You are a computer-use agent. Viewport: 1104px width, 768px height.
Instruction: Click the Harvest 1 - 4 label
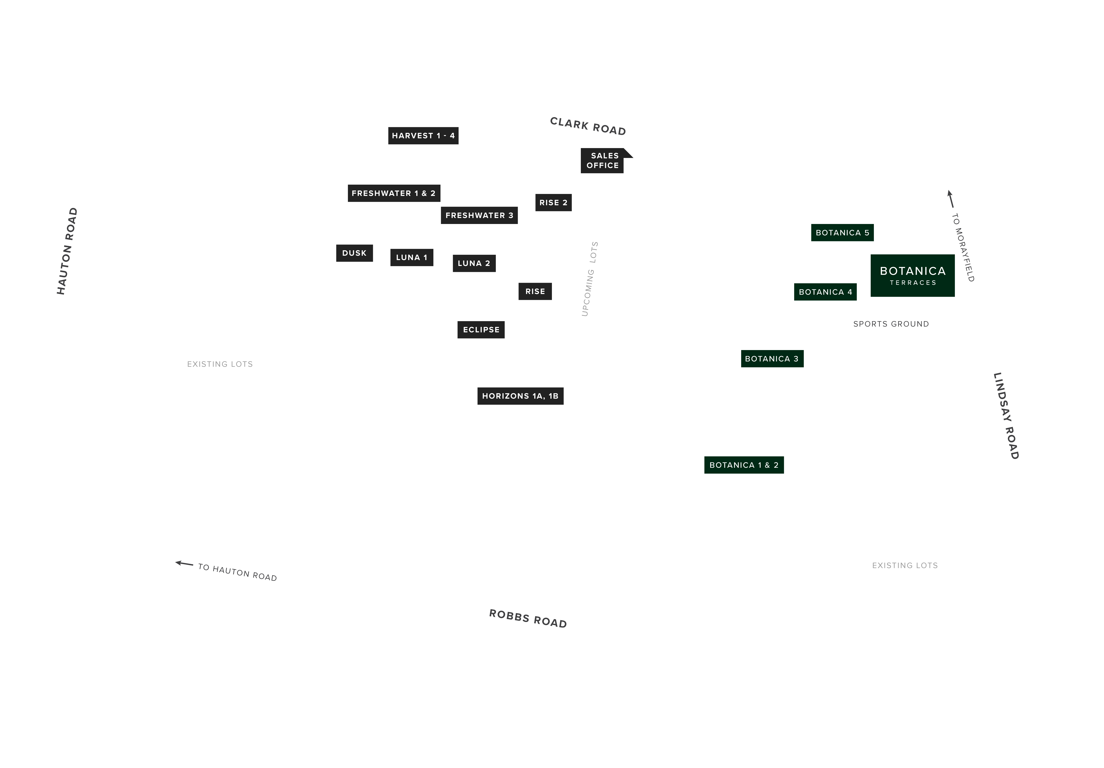coord(423,136)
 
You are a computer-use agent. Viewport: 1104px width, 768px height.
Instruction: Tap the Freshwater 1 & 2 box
coord(394,193)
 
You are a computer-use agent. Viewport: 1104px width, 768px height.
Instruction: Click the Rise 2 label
coord(553,202)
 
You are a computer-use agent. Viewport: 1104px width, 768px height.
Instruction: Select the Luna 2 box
coord(474,263)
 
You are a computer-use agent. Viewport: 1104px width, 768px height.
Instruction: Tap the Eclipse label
coord(481,330)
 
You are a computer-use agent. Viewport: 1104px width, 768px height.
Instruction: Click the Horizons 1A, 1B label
coord(520,396)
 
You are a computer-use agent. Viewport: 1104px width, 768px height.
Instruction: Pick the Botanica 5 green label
coord(843,233)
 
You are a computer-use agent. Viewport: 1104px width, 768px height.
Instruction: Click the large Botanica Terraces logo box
coord(913,275)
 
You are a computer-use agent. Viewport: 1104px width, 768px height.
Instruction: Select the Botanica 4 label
coord(825,292)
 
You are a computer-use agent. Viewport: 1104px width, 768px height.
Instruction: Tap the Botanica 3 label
coord(772,358)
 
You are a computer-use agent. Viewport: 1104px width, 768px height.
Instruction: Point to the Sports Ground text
coord(891,324)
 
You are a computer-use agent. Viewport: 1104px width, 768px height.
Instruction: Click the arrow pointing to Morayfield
coord(950,199)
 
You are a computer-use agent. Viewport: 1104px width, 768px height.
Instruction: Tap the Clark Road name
coord(588,126)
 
